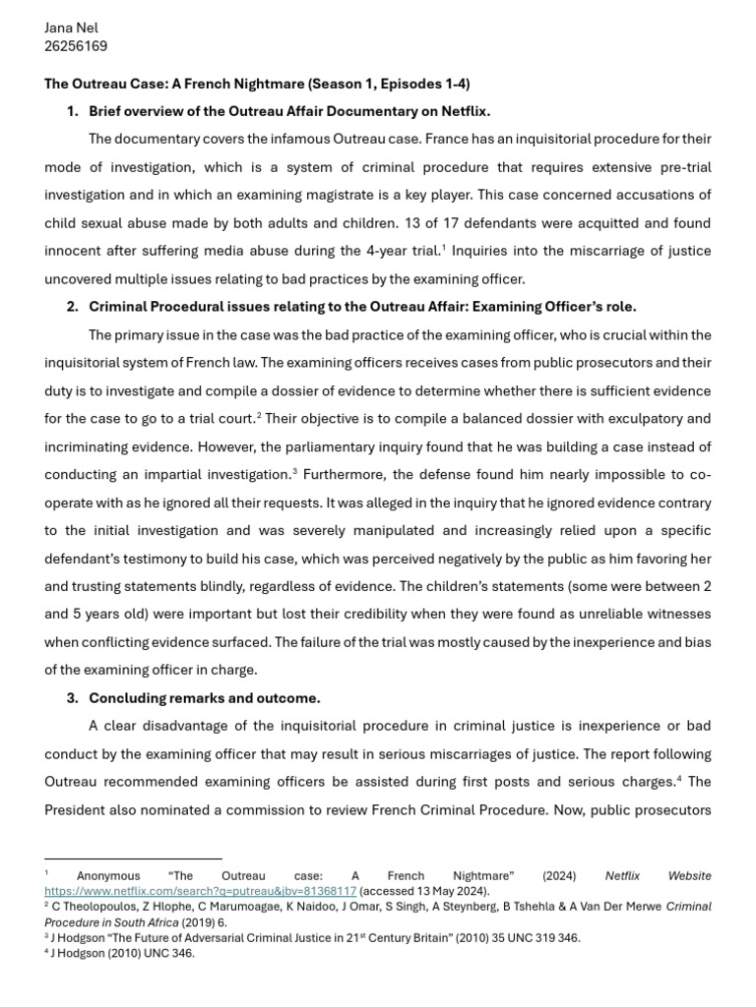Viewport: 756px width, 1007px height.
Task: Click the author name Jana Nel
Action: tap(71, 28)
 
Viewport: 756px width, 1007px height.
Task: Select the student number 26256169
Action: tap(76, 46)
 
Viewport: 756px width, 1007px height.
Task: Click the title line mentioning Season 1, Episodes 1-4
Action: tap(257, 84)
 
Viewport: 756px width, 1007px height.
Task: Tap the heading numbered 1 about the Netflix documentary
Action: tap(289, 111)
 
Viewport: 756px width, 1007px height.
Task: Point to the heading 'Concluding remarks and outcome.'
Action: tap(204, 698)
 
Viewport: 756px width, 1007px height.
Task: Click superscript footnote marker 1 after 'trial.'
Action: tap(445, 247)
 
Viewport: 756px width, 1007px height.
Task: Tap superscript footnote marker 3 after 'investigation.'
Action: tap(294, 471)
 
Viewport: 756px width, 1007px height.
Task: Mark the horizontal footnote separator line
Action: tap(133, 859)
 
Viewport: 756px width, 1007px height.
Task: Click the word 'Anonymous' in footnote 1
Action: tap(108, 875)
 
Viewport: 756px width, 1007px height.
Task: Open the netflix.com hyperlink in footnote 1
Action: tap(200, 890)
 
